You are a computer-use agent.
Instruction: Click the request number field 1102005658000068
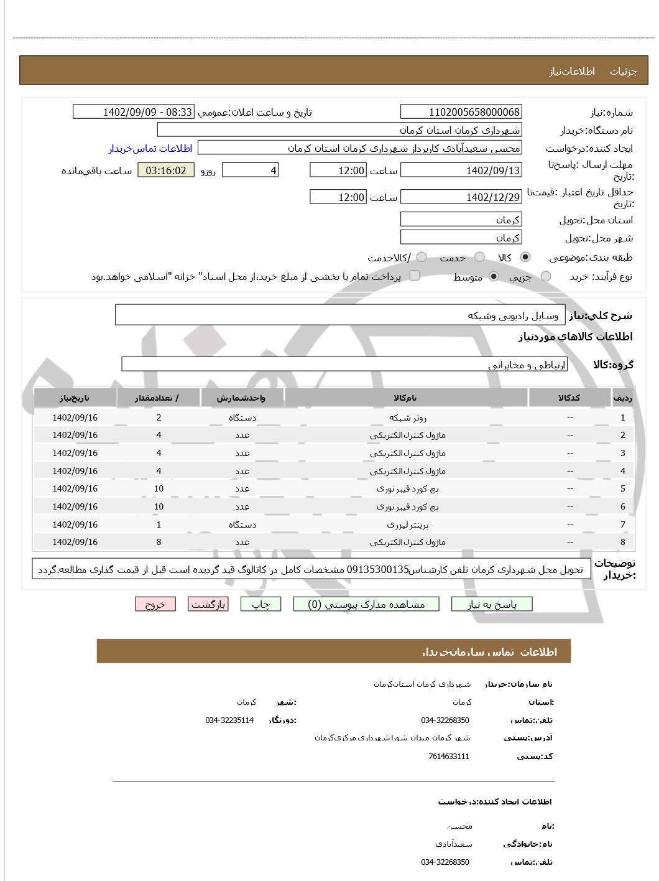click(x=461, y=112)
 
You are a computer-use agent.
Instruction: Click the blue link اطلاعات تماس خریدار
click(x=150, y=148)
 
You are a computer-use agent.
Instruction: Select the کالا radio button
click(x=525, y=257)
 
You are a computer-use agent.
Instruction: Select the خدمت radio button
click(x=479, y=257)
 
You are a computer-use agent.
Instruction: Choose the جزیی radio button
click(x=546, y=276)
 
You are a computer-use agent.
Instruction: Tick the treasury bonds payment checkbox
click(x=415, y=276)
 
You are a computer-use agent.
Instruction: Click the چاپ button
click(x=260, y=604)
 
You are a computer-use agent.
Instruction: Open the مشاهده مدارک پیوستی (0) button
click(x=366, y=604)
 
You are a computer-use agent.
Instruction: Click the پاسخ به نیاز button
click(x=492, y=604)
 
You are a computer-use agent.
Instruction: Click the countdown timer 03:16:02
click(x=166, y=170)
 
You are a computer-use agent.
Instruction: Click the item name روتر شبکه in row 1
click(x=407, y=417)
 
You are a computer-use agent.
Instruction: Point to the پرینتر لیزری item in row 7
click(x=407, y=524)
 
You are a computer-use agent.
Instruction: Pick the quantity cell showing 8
click(x=159, y=542)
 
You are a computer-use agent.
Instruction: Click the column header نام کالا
click(x=405, y=398)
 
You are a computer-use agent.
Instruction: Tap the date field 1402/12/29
click(x=461, y=197)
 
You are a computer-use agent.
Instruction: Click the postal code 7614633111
click(x=449, y=757)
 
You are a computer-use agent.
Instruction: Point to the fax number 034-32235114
click(x=229, y=720)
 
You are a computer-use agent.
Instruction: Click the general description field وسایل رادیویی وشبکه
click(x=341, y=315)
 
